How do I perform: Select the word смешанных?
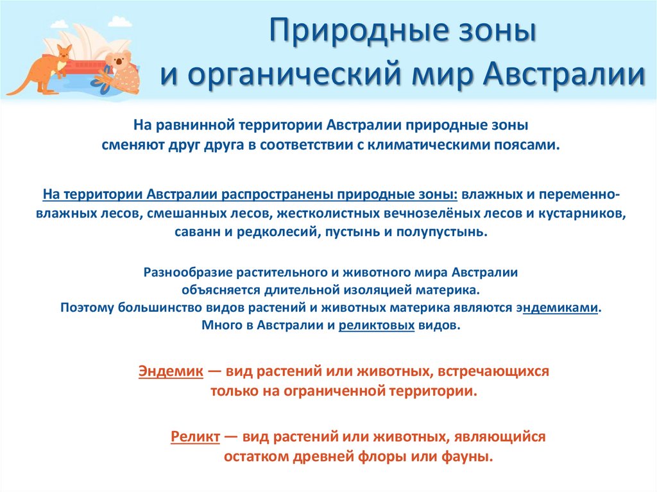(180, 213)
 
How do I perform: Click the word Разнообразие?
(185, 272)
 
